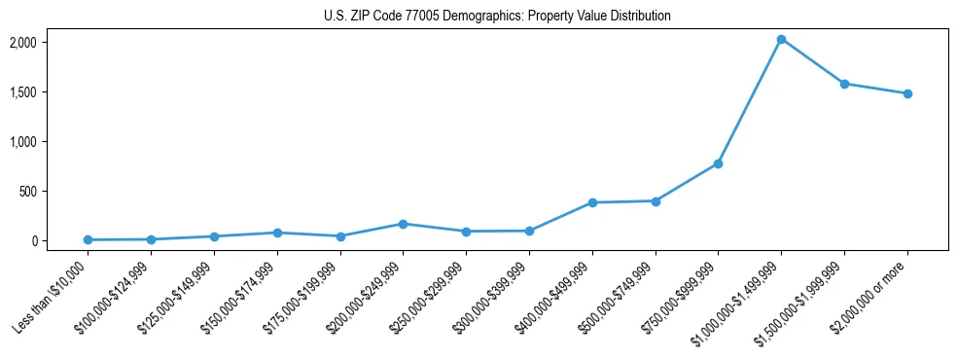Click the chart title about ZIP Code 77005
click(497, 17)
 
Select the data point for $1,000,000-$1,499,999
click(781, 39)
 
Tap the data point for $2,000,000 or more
click(907, 93)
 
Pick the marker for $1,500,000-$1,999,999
click(844, 84)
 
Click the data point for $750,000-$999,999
click(718, 163)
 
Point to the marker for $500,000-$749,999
click(656, 201)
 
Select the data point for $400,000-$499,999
click(592, 202)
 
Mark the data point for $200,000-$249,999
click(403, 224)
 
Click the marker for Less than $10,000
click(89, 239)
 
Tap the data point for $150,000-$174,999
click(277, 233)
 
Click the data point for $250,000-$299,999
click(466, 232)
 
